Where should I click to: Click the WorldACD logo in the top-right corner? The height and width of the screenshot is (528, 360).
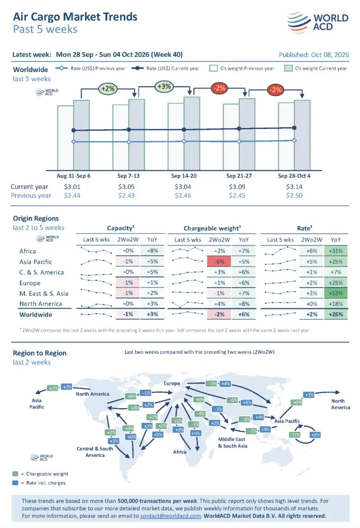317,22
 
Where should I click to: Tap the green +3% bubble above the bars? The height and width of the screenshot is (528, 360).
164,86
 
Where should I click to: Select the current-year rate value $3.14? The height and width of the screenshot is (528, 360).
294,186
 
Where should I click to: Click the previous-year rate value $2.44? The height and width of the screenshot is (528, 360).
72,195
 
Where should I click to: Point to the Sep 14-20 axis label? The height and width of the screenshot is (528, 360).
184,176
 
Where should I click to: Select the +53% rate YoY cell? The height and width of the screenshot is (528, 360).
336,293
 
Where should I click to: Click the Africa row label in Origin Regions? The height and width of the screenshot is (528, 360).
28,251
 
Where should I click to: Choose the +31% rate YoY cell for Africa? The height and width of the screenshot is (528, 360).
336,251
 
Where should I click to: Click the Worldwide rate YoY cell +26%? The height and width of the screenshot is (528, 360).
336,314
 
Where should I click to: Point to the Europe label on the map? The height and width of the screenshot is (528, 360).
172,383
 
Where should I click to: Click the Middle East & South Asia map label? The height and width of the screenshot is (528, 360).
233,442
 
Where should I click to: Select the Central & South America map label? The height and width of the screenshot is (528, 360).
95,452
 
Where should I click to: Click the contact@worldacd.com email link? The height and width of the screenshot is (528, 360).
171,516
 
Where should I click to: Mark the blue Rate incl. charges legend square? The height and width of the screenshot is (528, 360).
15,483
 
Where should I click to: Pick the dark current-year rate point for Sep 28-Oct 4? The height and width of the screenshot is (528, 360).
294,128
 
